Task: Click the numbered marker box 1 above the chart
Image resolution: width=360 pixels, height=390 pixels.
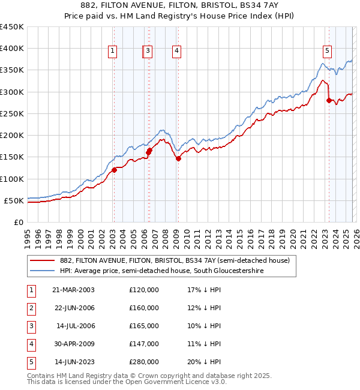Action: click(113, 52)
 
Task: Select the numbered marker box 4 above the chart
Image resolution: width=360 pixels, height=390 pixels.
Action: click(177, 52)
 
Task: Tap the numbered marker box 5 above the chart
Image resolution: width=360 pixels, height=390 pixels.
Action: click(327, 52)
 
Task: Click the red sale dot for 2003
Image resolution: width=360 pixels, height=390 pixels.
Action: click(114, 170)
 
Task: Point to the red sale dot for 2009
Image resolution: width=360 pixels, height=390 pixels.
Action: click(178, 158)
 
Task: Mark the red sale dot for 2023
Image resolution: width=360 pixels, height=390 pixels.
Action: click(328, 101)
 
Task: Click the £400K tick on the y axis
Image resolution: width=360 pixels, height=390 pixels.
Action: click(12, 49)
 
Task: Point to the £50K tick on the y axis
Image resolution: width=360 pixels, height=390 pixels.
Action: click(14, 200)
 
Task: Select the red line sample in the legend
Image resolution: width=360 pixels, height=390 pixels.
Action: click(43, 260)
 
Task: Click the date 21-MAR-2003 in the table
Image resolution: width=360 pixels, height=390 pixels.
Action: click(73, 290)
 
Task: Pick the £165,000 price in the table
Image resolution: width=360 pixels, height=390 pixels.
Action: click(144, 326)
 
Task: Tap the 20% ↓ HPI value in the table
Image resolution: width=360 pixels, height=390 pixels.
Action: click(204, 362)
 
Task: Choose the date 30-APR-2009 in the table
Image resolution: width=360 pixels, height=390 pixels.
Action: click(73, 344)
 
